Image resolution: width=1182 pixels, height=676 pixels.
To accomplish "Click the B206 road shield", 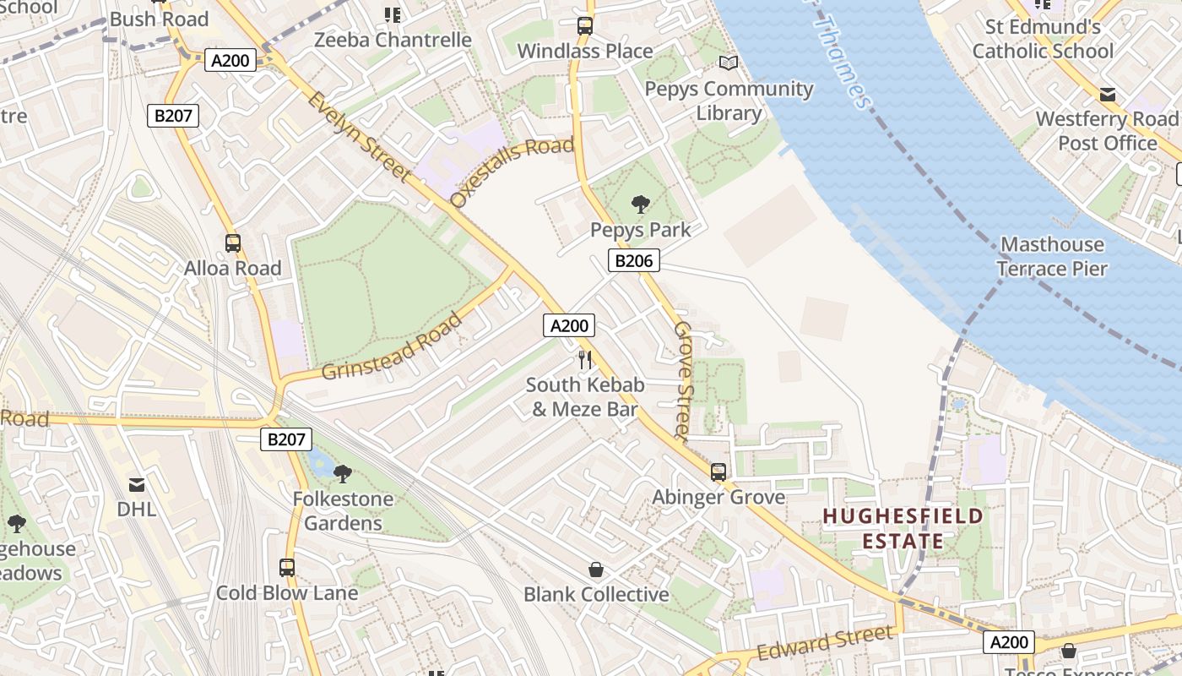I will point(633,260).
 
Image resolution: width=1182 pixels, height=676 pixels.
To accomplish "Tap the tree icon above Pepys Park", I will point(640,204).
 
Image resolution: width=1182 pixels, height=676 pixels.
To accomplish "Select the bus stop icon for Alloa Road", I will point(233,243).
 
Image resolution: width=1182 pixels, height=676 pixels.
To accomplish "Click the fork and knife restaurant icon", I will point(584,359).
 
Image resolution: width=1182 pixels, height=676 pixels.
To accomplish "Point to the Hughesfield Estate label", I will point(903,528).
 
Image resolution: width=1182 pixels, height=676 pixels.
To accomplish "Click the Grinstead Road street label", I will point(393,347).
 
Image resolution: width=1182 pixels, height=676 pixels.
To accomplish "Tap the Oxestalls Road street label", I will point(512,172).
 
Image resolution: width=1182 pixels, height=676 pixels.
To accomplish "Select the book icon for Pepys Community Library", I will point(728,63).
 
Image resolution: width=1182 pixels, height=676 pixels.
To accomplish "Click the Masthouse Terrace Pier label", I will point(1051,257).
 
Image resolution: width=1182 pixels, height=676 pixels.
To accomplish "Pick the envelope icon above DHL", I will point(136,484).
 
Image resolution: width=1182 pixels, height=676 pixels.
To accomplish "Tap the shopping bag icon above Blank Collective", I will point(596,569).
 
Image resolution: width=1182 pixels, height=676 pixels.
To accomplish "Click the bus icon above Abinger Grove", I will point(718,472).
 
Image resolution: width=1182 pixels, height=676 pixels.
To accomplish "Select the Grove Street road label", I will point(683,380).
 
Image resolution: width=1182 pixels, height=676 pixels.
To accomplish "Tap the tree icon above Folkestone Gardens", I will point(342,473).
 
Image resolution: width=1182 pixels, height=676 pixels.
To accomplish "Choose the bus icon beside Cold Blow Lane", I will point(287,567).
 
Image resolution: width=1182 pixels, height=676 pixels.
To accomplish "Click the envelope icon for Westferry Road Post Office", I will point(1107,94).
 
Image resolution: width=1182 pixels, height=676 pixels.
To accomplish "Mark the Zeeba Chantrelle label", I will point(393,40).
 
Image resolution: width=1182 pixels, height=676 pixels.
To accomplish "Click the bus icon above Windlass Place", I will point(584,25).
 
